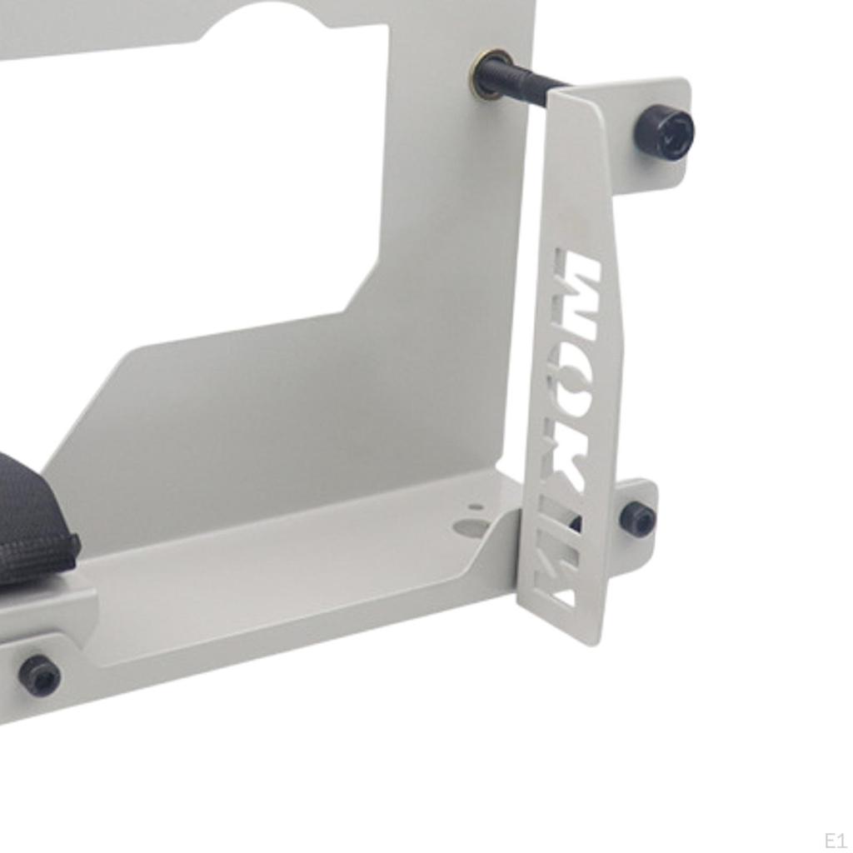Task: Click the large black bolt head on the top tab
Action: click(x=664, y=132)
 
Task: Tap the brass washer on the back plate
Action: click(x=491, y=73)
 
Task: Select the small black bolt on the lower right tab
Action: click(x=637, y=519)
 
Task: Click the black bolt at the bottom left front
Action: click(x=39, y=675)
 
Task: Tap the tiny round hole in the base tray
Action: click(x=476, y=506)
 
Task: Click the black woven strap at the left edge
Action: click(x=33, y=525)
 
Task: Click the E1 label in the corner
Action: click(x=834, y=840)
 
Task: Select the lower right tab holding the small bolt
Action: click(x=641, y=508)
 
